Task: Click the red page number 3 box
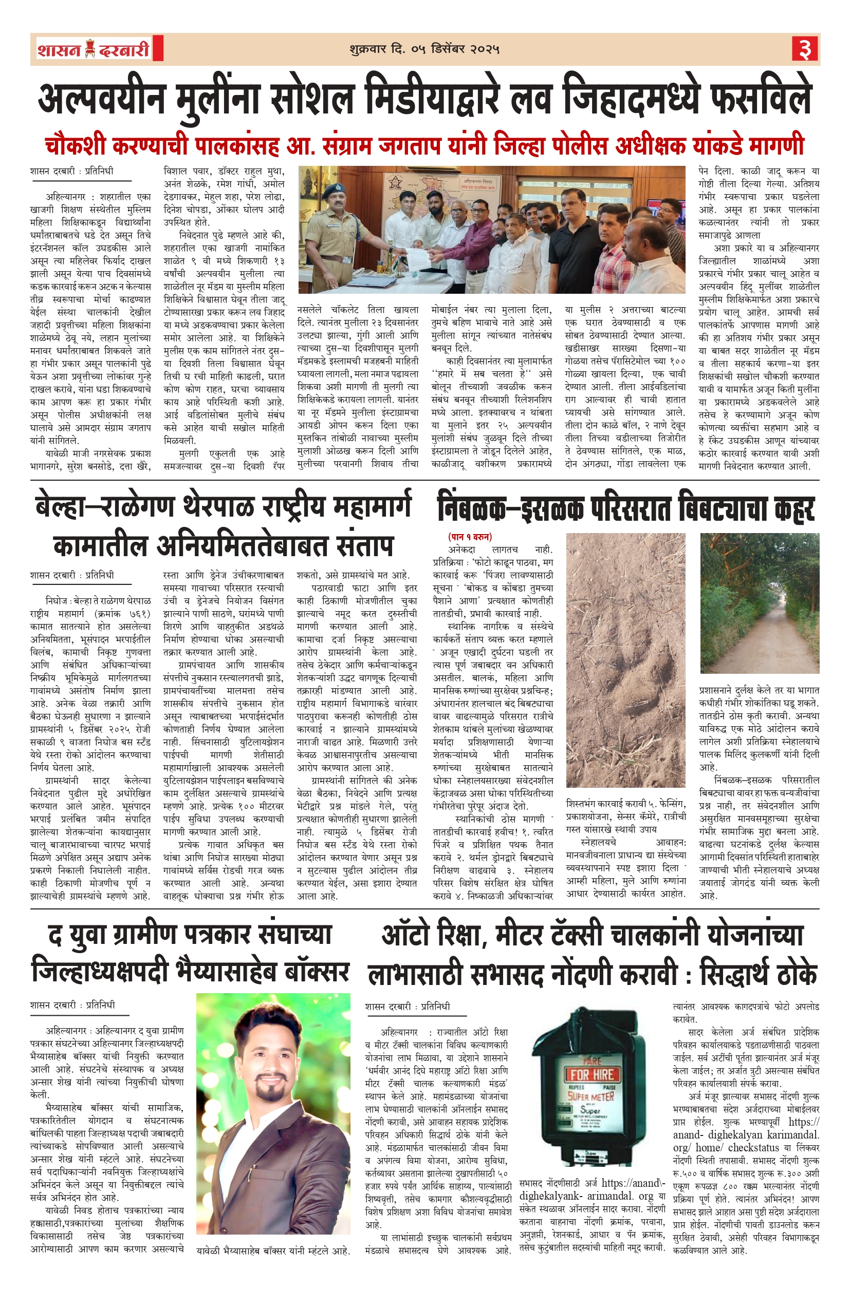coord(804,49)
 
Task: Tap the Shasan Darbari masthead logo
coord(94,49)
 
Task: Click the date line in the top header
coord(424,49)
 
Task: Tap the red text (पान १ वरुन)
coord(469,537)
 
